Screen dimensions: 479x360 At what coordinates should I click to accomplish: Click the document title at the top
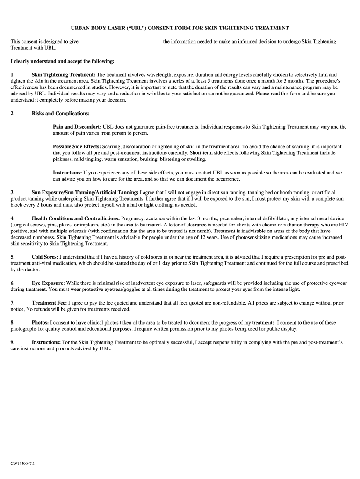pos(180,28)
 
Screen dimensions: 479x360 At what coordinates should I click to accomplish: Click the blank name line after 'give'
pos(121,42)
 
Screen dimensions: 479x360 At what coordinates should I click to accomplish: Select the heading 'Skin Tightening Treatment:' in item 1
pos(63,75)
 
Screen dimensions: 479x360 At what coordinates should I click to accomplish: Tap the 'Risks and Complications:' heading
pos(61,113)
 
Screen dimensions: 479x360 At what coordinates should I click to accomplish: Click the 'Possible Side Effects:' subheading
pos(77,146)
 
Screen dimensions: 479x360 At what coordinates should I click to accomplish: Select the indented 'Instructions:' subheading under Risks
pos(67,173)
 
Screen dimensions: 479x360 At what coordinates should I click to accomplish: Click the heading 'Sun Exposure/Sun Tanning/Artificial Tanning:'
pos(85,192)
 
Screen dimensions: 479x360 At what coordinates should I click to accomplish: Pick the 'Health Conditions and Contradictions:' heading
pos(76,218)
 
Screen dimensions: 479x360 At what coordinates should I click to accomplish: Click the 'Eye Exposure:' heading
pos(48,283)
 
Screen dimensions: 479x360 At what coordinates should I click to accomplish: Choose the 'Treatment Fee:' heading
pos(49,303)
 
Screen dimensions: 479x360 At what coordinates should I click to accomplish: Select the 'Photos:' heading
pos(40,323)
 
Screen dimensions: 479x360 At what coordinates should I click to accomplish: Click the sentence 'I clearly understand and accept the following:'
pos(62,61)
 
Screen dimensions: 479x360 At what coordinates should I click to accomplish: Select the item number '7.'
pos(13,303)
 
